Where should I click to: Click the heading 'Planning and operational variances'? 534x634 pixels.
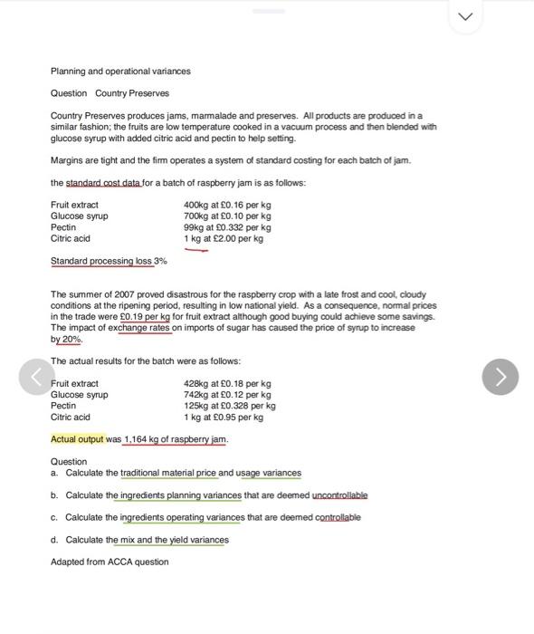(120, 72)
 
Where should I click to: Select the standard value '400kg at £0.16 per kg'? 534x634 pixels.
(227, 206)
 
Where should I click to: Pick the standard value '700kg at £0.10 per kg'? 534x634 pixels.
(227, 216)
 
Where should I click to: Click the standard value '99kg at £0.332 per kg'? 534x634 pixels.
(227, 227)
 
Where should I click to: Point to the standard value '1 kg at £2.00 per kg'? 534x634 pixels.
(224, 238)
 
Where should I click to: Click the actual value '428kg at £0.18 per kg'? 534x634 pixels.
(227, 384)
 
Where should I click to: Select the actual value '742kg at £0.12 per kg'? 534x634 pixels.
(227, 395)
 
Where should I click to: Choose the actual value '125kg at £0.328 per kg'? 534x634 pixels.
(229, 406)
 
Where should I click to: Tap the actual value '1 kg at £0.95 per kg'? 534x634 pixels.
(224, 417)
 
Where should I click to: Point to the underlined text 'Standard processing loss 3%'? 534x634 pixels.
(109, 261)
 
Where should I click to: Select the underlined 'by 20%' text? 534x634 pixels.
(66, 339)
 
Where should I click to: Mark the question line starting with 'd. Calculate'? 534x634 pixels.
(140, 540)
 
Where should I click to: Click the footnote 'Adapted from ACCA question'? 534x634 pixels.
(110, 562)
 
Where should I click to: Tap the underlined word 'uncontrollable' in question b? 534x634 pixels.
(339, 495)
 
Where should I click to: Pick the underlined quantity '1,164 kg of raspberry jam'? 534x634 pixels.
(176, 439)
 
